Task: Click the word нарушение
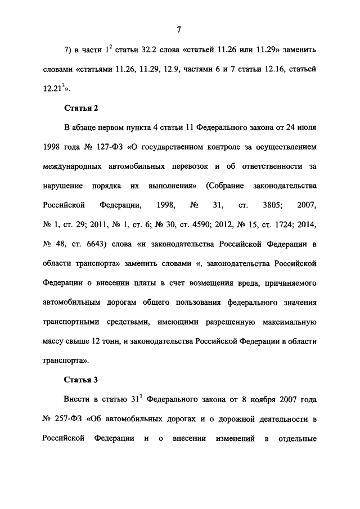coord(62,187)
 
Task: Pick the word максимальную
coord(287,322)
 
